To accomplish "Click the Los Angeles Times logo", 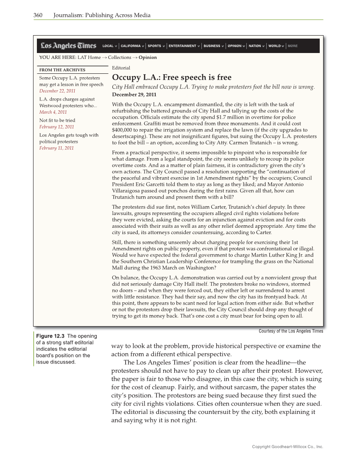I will click(68, 46).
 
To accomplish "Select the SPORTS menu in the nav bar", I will click(154, 46).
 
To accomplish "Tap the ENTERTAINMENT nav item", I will click(182, 46).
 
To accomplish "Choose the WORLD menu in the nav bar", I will click(274, 46).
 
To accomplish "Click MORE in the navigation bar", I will click(293, 46).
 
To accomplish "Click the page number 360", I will click(38, 16).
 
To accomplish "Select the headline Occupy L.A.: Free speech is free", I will click(172, 77).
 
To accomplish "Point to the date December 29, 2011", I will click(134, 94).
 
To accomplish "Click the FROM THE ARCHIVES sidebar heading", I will click(62, 70).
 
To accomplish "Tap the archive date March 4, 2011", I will click(53, 112).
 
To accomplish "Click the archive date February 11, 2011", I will click(56, 148).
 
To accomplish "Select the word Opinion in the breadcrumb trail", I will click(148, 57).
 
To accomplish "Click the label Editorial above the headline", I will click(121, 68).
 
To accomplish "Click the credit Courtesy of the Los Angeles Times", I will click(290, 331).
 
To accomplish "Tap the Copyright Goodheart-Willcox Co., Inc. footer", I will click(287, 447).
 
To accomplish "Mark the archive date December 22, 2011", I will click(57, 91).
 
